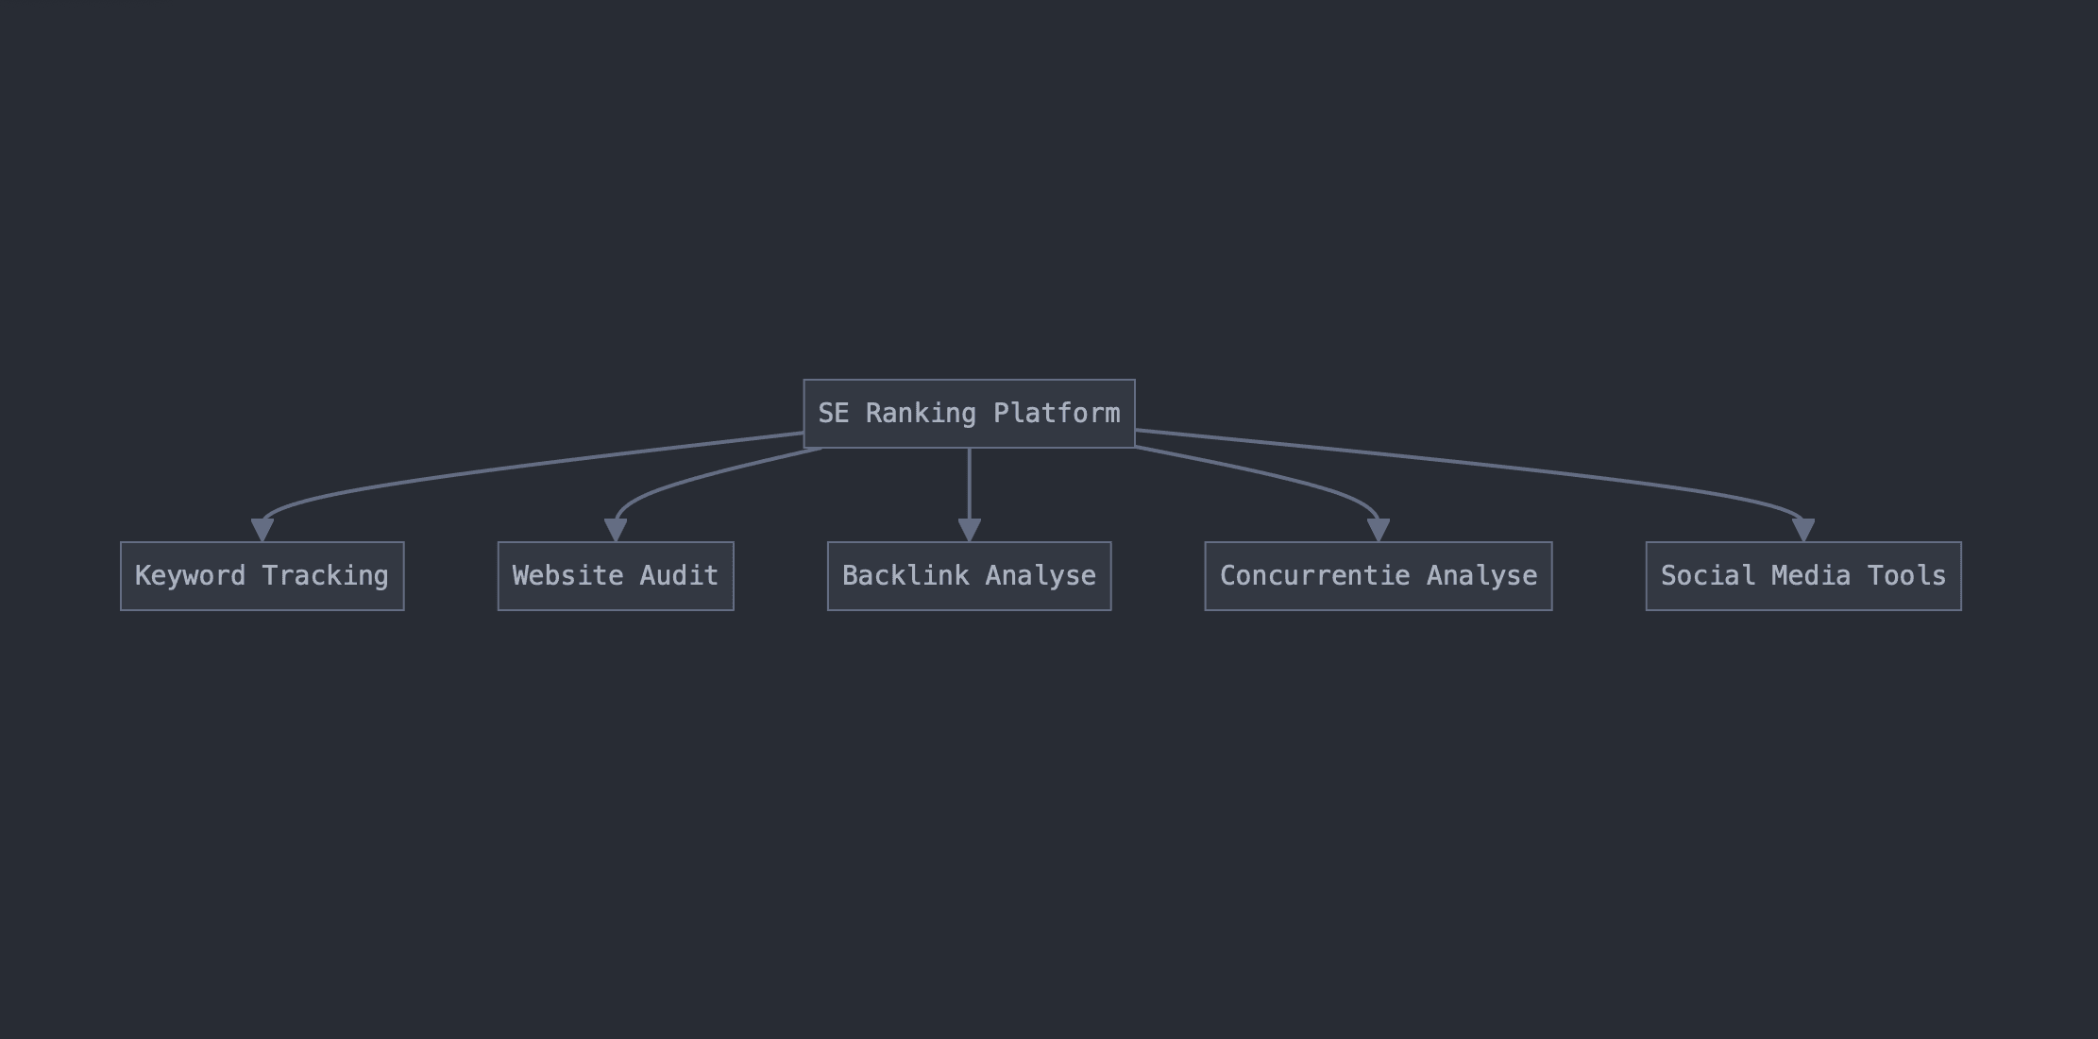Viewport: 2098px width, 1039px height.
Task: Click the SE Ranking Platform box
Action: click(x=969, y=414)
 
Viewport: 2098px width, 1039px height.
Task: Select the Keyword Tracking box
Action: click(x=262, y=576)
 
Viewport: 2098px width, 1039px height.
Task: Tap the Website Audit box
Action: click(x=616, y=576)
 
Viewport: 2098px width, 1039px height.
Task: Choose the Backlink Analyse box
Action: click(x=969, y=576)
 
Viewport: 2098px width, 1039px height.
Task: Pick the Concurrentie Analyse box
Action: click(x=1378, y=576)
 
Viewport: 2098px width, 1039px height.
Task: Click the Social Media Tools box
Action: click(x=1802, y=576)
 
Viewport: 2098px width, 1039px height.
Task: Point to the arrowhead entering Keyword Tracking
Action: click(x=262, y=529)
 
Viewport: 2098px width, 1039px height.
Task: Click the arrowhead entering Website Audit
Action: click(x=616, y=529)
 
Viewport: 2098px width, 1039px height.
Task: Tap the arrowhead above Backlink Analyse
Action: click(x=969, y=529)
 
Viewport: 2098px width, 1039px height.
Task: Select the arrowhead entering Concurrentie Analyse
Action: click(x=1378, y=529)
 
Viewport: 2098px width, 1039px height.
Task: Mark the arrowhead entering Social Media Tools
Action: click(x=1803, y=529)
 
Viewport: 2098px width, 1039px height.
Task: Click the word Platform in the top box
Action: click(x=1057, y=414)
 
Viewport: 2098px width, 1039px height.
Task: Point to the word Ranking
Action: click(x=921, y=414)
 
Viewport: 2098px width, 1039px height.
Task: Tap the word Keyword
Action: click(x=190, y=576)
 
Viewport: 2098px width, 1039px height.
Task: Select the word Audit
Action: click(x=679, y=576)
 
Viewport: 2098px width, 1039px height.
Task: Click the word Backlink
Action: click(x=905, y=576)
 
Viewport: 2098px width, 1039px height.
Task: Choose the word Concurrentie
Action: click(x=1314, y=576)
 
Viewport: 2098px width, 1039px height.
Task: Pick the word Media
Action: click(x=1810, y=576)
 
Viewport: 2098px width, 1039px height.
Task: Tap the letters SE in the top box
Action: click(x=833, y=414)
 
